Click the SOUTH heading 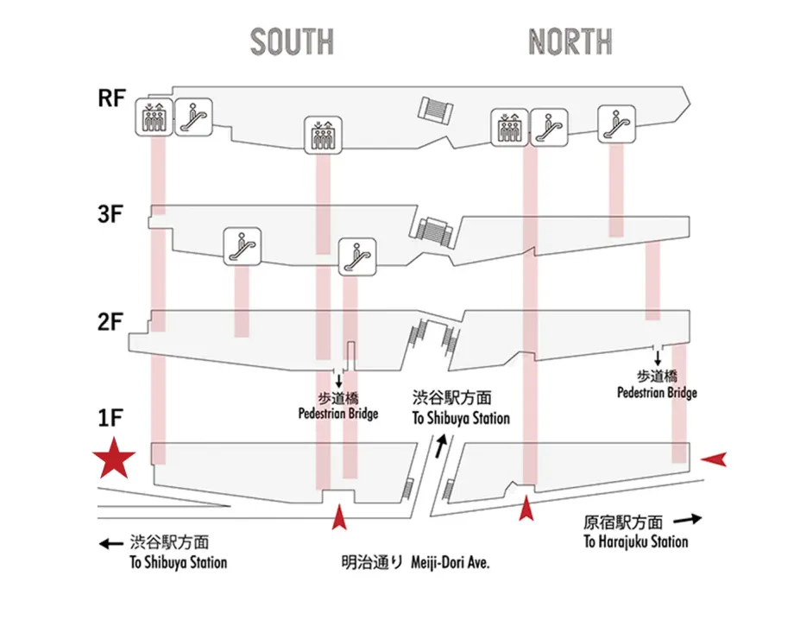pyautogui.click(x=292, y=41)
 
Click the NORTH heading pyautogui.click(x=570, y=41)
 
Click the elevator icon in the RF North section pyautogui.click(x=508, y=128)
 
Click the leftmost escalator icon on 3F pyautogui.click(x=243, y=245)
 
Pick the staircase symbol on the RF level pyautogui.click(x=438, y=109)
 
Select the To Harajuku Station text pyautogui.click(x=635, y=541)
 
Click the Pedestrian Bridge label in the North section pyautogui.click(x=657, y=393)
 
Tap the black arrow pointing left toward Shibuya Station pyautogui.click(x=110, y=544)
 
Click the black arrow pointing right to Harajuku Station pyautogui.click(x=687, y=520)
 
